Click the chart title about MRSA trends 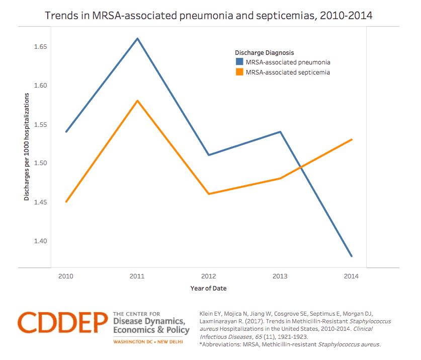coord(209,15)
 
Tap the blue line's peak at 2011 coord(137,39)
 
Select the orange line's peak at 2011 coord(137,101)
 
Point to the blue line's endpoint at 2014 coord(352,256)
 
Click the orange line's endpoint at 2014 coord(352,139)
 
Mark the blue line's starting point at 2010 coord(66,132)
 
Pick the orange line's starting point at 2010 coord(66,201)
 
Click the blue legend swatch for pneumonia coord(239,62)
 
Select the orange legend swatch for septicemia coord(239,73)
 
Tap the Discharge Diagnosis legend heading coord(264,52)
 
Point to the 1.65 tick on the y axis coord(40,47)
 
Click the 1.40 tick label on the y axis coord(40,241)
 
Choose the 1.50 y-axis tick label coord(40,163)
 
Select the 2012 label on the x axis coord(209,276)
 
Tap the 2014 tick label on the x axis coord(352,276)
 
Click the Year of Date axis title coord(208,289)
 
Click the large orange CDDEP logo coord(63,323)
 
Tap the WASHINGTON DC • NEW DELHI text coord(149,342)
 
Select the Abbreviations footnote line coord(290,344)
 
